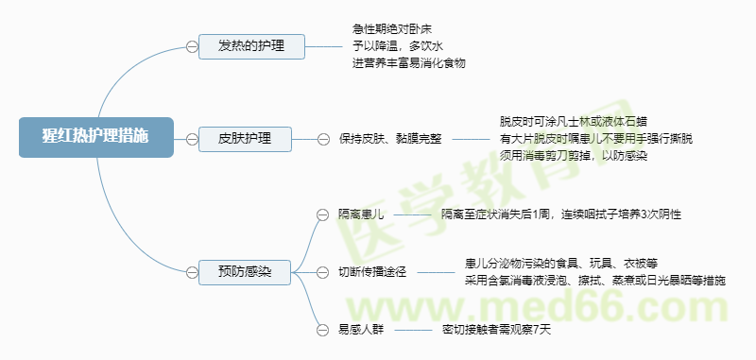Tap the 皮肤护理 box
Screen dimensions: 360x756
[245, 139]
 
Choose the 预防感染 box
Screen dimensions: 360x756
[245, 272]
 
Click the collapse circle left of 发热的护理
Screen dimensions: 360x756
[192, 45]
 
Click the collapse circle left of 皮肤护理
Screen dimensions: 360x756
[192, 139]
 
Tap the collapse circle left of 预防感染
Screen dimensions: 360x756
[192, 272]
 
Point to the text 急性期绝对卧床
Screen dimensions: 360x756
[392, 29]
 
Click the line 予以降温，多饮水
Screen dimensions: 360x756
[397, 45]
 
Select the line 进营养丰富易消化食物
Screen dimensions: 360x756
[409, 62]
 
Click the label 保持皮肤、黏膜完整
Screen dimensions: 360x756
[389, 139]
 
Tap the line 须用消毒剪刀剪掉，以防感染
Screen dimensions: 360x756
[573, 155]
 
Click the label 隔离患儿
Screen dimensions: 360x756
[361, 214]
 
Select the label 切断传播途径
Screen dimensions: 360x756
[371, 272]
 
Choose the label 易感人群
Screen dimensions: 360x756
[361, 330]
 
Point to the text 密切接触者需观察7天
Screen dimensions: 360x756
[496, 330]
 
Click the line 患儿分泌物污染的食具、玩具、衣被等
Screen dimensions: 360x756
[568, 263]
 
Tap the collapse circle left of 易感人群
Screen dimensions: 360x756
[320, 330]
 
